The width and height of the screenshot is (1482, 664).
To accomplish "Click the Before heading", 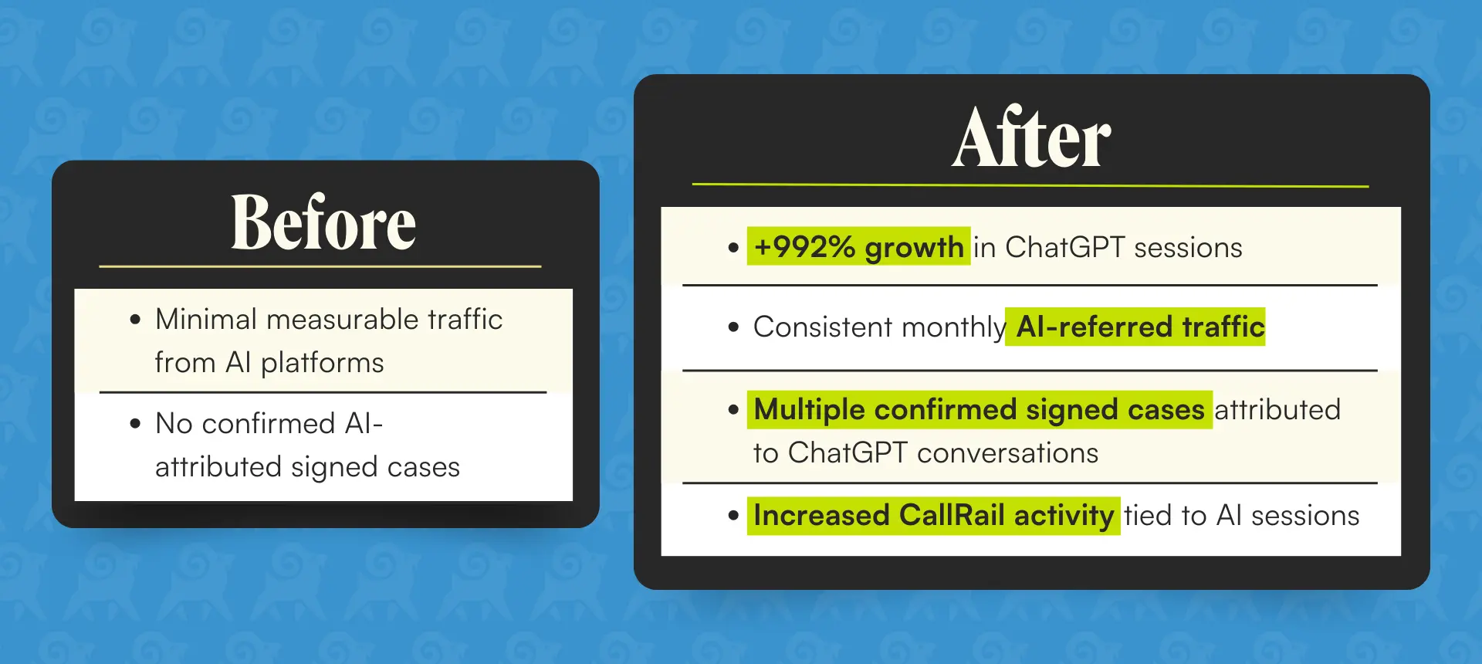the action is (323, 222).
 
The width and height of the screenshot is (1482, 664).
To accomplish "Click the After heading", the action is (1031, 137).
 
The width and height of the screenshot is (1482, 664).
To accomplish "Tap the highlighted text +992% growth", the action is (858, 247).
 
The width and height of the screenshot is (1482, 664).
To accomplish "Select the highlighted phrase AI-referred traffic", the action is (1135, 327).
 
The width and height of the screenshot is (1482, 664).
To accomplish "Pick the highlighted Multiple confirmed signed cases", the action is (980, 409).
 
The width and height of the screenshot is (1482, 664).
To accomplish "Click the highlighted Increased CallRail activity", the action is (933, 515).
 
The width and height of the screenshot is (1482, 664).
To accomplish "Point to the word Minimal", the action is (206, 319).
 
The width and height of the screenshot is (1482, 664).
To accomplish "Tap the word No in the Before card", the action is (174, 423).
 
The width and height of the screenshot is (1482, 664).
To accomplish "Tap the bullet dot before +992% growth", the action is (733, 248).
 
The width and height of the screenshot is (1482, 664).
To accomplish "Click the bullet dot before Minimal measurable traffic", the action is (136, 320).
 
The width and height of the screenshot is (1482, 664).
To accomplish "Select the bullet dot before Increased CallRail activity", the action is (733, 516).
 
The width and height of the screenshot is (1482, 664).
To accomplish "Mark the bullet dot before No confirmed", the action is (136, 424).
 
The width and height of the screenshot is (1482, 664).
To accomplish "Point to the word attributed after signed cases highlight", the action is (1277, 409).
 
